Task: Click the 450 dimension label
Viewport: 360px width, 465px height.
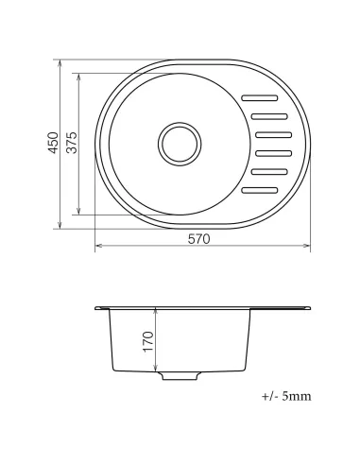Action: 54,143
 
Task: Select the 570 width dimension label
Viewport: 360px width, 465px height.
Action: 198,240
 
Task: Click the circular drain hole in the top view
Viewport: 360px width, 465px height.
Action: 180,144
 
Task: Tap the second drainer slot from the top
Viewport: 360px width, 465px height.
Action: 273,116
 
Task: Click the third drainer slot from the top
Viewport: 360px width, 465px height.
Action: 274,134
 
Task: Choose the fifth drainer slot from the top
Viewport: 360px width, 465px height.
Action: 270,172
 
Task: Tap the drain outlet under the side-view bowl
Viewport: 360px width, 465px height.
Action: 179,376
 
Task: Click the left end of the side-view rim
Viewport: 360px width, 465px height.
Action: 98,307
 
